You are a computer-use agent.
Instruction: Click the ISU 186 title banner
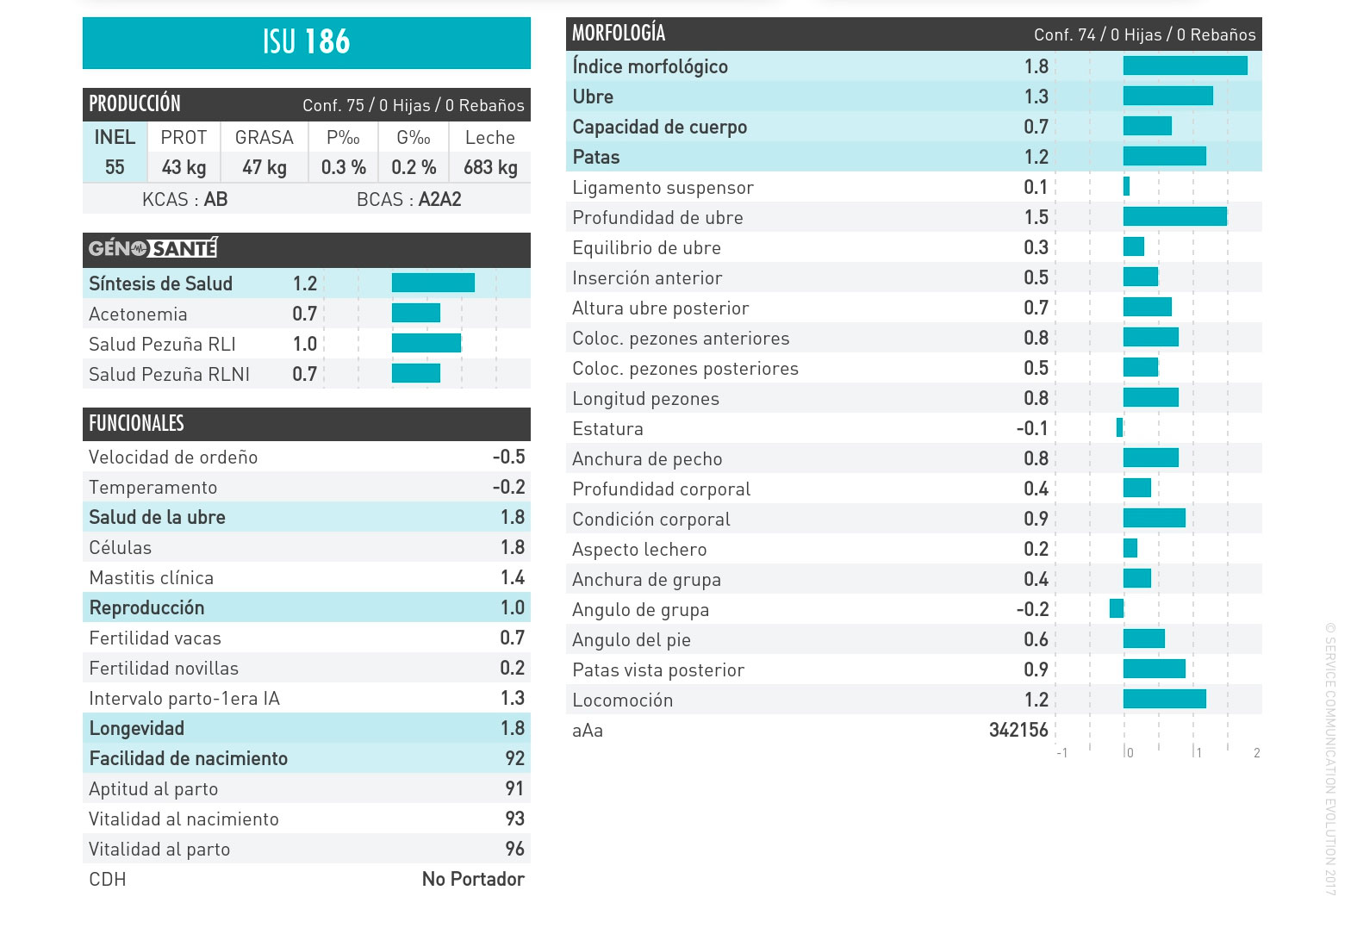coord(306,42)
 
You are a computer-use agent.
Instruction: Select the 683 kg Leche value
coord(490,167)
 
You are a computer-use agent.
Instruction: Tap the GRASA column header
coord(264,138)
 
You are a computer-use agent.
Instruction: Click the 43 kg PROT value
coord(184,167)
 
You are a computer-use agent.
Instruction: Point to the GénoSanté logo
coord(153,248)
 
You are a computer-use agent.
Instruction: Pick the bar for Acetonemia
coord(416,313)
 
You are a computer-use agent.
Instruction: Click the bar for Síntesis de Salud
coord(433,283)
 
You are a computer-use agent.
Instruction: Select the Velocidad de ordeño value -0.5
coord(508,457)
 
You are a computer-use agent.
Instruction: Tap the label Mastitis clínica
coord(151,578)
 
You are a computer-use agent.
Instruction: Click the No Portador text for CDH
coord(473,879)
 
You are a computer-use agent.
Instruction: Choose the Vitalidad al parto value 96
coord(514,849)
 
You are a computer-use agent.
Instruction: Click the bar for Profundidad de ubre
coord(1174,216)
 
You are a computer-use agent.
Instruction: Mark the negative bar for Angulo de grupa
coord(1117,608)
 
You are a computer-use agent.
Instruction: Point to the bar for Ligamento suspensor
coord(1126,186)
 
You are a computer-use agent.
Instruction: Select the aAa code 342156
coord(1018,730)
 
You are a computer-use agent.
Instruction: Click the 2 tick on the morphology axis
coord(1257,753)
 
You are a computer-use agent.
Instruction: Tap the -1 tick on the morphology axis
coord(1062,753)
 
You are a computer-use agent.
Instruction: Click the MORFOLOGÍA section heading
coord(619,34)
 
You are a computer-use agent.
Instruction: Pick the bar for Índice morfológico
coord(1185,65)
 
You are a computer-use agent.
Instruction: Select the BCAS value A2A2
coord(439,199)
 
